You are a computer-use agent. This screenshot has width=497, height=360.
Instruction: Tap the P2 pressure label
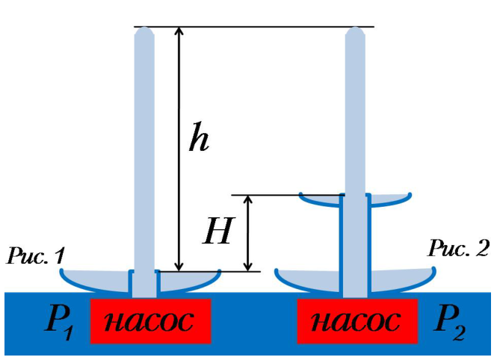coord(451,323)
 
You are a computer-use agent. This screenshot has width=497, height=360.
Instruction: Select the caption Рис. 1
coord(36,256)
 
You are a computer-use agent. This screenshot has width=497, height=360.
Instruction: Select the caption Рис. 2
coord(458,248)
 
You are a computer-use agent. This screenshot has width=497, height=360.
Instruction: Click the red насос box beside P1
coord(151,320)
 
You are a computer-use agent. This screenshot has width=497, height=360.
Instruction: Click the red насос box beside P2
coord(357,320)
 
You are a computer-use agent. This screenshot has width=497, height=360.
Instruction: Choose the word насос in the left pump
coord(149,321)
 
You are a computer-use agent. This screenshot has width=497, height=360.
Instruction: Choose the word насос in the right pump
coord(355,321)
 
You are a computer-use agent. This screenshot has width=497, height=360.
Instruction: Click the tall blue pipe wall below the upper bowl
coord(341,247)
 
